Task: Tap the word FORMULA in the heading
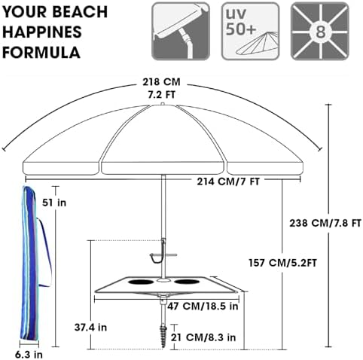(x=41, y=53)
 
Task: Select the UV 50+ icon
(x=250, y=31)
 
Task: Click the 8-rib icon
(x=320, y=31)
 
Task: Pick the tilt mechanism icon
(x=181, y=31)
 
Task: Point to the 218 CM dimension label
(x=161, y=82)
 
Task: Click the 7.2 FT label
(x=161, y=94)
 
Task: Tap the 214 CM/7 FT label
(x=228, y=182)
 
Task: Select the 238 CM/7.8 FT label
(x=325, y=223)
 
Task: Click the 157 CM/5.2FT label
(x=282, y=263)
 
